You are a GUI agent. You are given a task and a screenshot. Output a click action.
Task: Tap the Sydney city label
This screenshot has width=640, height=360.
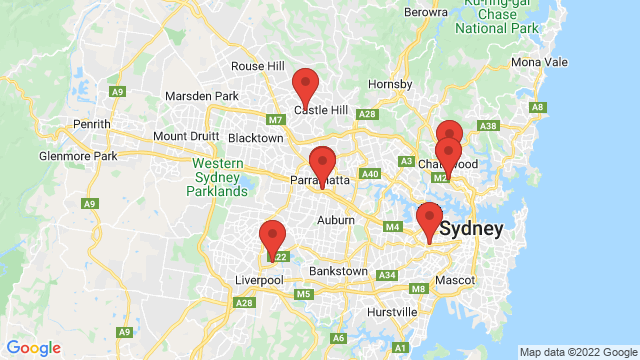[x=470, y=229]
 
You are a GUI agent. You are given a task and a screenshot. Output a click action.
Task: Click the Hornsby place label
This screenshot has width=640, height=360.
[x=389, y=84]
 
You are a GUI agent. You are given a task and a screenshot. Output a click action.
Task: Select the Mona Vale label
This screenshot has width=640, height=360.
[x=539, y=62]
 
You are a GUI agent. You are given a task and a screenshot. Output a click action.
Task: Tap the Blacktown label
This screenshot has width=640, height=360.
[x=256, y=138]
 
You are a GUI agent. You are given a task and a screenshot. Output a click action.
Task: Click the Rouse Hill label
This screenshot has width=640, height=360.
[x=258, y=66]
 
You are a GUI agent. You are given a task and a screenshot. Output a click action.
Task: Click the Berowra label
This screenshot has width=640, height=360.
[x=426, y=13]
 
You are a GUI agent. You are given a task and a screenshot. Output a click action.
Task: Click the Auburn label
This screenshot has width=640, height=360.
[x=336, y=220]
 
